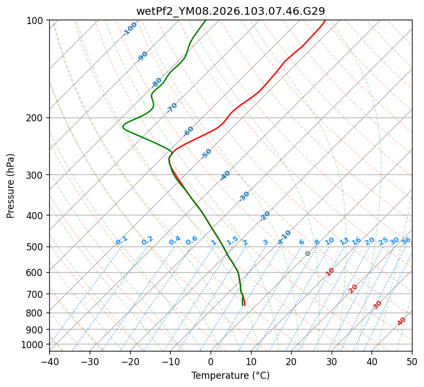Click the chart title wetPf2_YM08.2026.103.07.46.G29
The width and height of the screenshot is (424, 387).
click(x=230, y=10)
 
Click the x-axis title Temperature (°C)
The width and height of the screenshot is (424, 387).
click(x=230, y=376)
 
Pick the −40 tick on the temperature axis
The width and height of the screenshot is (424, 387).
click(x=49, y=362)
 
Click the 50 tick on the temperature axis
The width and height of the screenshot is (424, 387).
click(x=412, y=362)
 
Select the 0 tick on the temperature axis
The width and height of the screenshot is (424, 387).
click(x=211, y=362)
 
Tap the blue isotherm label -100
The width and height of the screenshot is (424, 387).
click(x=130, y=28)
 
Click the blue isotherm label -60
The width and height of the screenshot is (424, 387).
click(x=189, y=131)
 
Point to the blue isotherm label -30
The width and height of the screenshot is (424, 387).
click(x=244, y=196)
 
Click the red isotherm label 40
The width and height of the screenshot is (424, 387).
click(x=402, y=321)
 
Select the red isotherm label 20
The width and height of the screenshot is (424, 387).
click(x=353, y=288)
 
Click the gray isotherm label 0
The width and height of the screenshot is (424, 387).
click(x=308, y=254)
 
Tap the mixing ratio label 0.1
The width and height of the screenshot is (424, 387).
click(x=122, y=241)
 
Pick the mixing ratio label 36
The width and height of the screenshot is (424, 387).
click(x=406, y=241)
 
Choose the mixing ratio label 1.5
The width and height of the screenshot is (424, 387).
click(x=233, y=241)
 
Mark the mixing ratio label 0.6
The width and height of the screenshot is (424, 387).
click(x=191, y=241)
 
